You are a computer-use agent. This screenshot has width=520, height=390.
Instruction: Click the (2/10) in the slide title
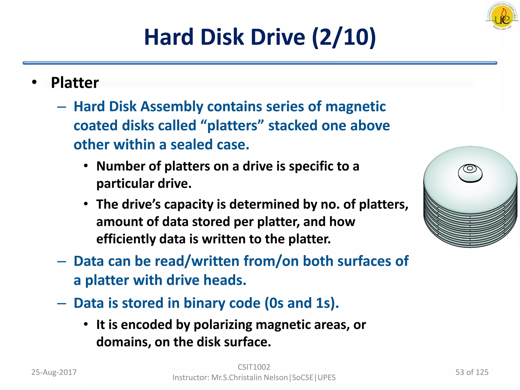pyautogui.click(x=344, y=37)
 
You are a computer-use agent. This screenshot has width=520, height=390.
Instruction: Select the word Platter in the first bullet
pyautogui.click(x=75, y=83)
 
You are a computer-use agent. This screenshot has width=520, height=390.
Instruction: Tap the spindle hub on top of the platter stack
pyautogui.click(x=470, y=173)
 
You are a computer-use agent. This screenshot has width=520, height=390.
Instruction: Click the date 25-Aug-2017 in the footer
pyautogui.click(x=54, y=372)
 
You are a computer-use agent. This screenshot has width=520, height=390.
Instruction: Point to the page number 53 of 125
pyautogui.click(x=472, y=372)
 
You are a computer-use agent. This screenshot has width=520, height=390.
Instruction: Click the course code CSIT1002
pyautogui.click(x=254, y=367)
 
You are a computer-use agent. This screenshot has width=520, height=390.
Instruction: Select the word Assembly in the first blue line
pyautogui.click(x=172, y=106)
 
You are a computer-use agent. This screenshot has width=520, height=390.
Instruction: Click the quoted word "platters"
pyautogui.click(x=232, y=126)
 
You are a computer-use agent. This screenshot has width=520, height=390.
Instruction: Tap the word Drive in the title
pyautogui.click(x=278, y=37)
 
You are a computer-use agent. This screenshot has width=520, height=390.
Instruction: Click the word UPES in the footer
pyautogui.click(x=327, y=378)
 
